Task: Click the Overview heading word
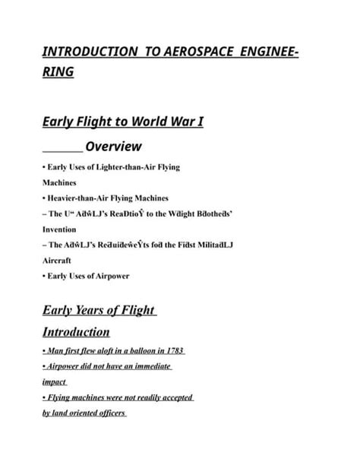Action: (x=113, y=146)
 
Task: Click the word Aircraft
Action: (x=58, y=259)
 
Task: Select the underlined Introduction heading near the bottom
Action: (x=76, y=332)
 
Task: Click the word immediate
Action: (x=147, y=366)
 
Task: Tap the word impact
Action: (x=55, y=382)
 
